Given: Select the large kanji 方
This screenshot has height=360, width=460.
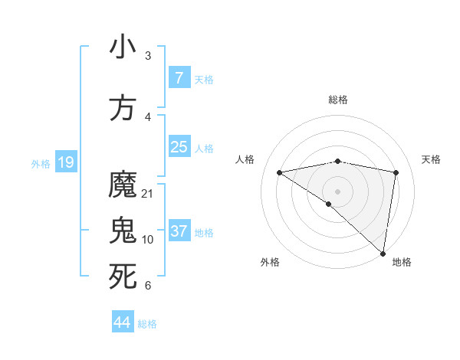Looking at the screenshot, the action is click(x=123, y=108).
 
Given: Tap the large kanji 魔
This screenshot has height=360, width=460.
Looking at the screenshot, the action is click(x=123, y=185).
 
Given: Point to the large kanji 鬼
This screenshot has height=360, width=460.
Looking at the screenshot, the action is click(x=123, y=231).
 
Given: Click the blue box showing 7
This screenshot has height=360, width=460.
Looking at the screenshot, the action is click(x=179, y=78).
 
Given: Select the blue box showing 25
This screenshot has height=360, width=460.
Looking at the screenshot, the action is click(x=179, y=147).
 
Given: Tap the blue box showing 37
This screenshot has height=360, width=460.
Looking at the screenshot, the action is click(x=179, y=231).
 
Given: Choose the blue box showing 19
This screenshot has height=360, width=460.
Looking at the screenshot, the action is click(x=65, y=162).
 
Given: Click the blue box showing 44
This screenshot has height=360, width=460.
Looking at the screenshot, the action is click(x=123, y=322).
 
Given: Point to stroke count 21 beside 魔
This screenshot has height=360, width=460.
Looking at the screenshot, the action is click(x=148, y=193).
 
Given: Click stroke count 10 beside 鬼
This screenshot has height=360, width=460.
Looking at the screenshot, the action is click(x=148, y=239).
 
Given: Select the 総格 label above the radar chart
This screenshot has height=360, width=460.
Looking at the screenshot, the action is click(x=337, y=100).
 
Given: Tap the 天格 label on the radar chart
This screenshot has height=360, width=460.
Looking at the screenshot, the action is click(x=431, y=159).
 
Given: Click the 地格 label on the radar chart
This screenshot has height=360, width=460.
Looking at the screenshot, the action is click(x=402, y=262).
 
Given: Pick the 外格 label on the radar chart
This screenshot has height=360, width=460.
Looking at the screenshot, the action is click(x=270, y=262).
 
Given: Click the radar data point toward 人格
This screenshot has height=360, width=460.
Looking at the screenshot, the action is click(x=279, y=172).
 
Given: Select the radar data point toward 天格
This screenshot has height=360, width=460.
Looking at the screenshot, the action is click(x=396, y=172).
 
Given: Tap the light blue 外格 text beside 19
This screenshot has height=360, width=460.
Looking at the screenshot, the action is click(x=40, y=163).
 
